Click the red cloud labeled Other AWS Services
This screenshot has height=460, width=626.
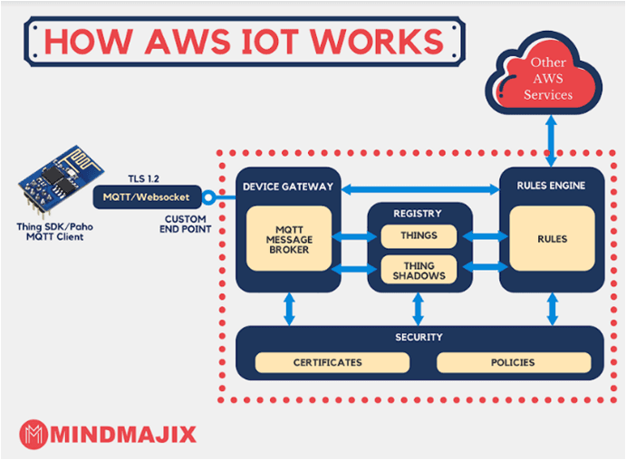(552, 81)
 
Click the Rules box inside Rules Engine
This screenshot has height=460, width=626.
(551, 239)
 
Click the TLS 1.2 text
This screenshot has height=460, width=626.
(149, 177)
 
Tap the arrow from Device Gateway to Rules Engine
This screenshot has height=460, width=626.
(419, 187)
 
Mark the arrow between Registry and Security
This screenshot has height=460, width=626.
(419, 308)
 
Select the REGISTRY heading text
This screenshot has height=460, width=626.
(418, 214)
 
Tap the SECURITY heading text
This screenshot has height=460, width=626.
(419, 337)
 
